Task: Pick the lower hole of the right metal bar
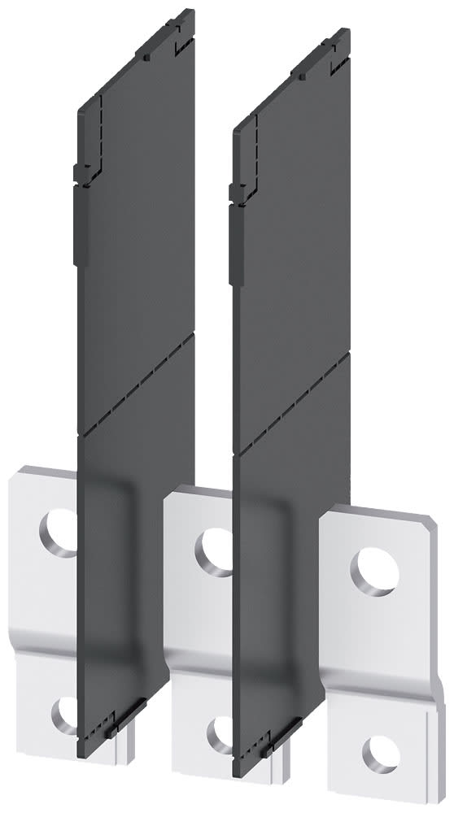pyautogui.click(x=375, y=753)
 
